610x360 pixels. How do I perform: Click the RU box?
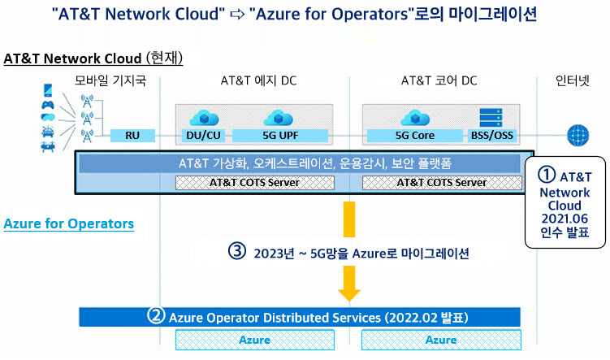coord(132,136)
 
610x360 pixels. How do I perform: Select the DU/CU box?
coord(203,136)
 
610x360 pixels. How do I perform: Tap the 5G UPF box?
coord(280,136)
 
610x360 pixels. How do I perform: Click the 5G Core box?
coord(415,136)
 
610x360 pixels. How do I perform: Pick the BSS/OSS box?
coord(492,136)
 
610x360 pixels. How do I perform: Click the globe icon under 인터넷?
coord(578,135)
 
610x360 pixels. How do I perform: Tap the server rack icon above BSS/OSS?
coord(491,118)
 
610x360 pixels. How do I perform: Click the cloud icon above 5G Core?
coord(415,118)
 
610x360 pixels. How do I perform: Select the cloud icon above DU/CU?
coord(204,118)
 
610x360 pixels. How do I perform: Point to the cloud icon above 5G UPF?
coord(278,118)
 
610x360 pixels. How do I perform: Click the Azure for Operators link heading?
coord(69,223)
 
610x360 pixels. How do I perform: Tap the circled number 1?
coord(546,175)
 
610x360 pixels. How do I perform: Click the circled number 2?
coord(156,315)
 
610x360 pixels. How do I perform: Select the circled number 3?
coord(237,251)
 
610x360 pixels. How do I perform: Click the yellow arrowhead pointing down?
coord(349,295)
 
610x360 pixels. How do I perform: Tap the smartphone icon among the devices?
coord(48,91)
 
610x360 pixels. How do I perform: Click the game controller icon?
coord(48,105)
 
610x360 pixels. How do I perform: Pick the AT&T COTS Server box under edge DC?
coord(255,183)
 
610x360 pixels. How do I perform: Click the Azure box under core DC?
coord(441,340)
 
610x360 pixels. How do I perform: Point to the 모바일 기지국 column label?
coord(110,80)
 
